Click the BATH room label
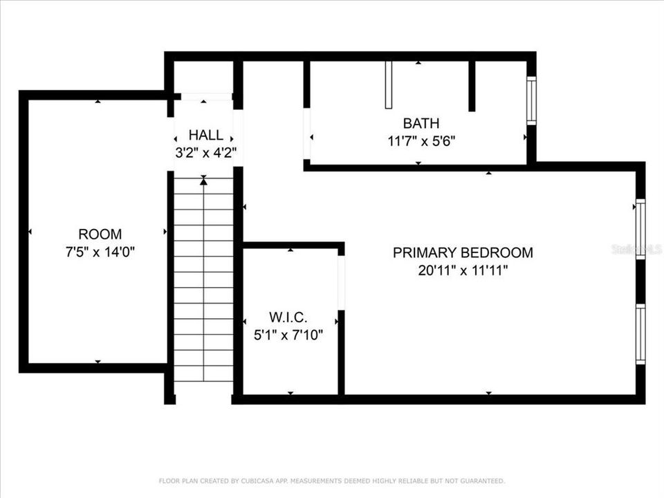[x=421, y=123]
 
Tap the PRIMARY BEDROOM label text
[x=463, y=252]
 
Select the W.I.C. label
[x=288, y=317]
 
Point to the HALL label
[x=206, y=135]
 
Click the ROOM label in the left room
[x=100, y=234]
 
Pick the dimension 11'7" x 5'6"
[x=421, y=141]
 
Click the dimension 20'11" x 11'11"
[x=463, y=270]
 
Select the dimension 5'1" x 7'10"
[x=288, y=335]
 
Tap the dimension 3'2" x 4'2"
[x=206, y=152]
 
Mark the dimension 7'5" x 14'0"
[x=100, y=252]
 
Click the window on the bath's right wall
[x=531, y=101]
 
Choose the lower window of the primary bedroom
[x=640, y=334]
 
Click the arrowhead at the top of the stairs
[x=203, y=181]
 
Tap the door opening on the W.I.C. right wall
[x=341, y=283]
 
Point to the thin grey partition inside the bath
[x=388, y=85]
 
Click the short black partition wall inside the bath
[x=472, y=86]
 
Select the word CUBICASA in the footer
[x=256, y=481]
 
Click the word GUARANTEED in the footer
[x=483, y=481]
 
